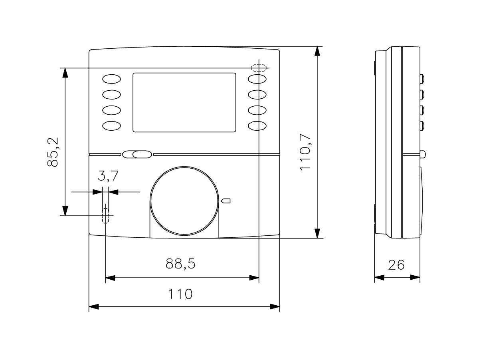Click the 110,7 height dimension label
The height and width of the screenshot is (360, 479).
(x=305, y=151)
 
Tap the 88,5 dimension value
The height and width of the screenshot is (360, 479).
(x=180, y=264)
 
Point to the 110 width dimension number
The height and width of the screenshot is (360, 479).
(x=180, y=294)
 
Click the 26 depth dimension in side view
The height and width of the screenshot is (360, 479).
(x=396, y=265)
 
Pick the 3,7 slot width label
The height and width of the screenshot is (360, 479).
(x=108, y=176)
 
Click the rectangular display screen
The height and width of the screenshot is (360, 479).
(x=184, y=102)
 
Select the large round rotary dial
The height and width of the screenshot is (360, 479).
(x=184, y=200)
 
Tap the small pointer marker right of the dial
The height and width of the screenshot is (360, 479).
(x=226, y=201)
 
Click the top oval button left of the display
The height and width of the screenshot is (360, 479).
(x=112, y=79)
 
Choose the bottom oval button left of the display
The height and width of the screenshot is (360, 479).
(x=112, y=125)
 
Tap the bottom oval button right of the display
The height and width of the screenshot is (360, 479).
(x=257, y=125)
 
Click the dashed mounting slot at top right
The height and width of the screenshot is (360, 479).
(x=259, y=68)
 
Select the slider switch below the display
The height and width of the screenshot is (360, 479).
(x=137, y=155)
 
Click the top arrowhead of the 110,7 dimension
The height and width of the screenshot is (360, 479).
(x=317, y=51)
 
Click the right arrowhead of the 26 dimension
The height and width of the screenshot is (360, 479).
(x=416, y=277)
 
